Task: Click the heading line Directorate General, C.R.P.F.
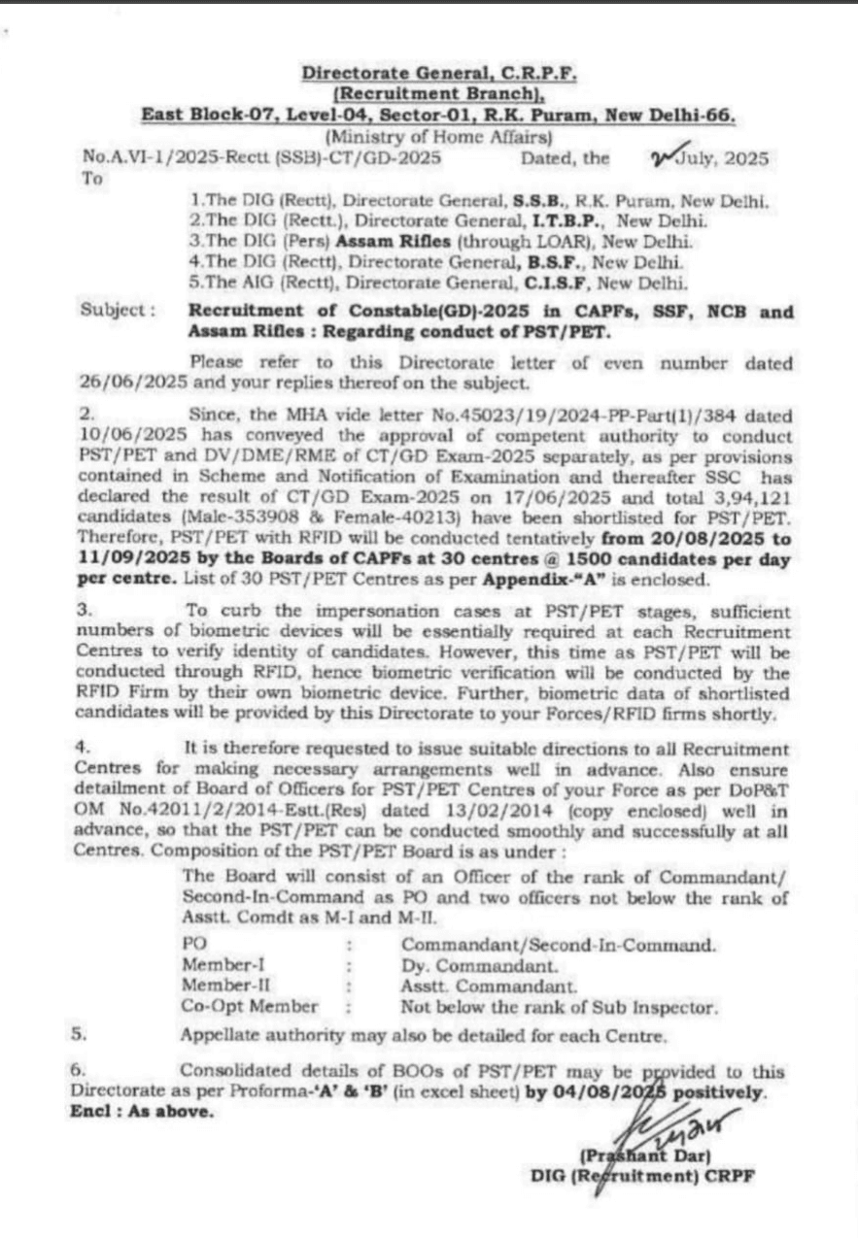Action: coord(439,74)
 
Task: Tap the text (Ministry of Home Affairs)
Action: coord(439,137)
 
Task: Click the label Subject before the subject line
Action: coord(119,313)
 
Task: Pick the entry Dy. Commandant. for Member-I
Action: coord(479,965)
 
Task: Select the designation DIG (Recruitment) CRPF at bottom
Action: coord(642,1175)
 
